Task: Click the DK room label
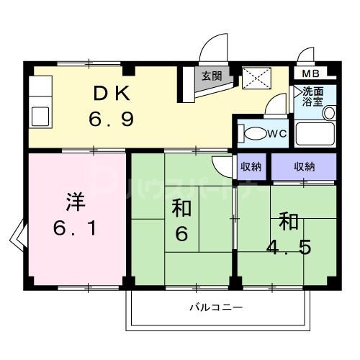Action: [x=112, y=93]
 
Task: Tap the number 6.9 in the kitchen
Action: [x=112, y=118]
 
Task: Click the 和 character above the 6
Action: [x=181, y=209]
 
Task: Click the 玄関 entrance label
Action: [x=212, y=76]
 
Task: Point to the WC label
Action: [x=279, y=133]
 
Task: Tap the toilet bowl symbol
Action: [x=254, y=134]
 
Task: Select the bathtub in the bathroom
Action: [x=315, y=134]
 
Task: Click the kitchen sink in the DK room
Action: [x=38, y=116]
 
